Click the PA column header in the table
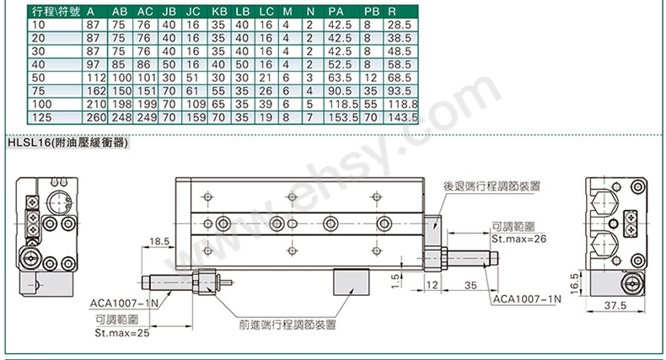click(336, 12)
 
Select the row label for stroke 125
click(41, 117)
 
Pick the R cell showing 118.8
click(403, 104)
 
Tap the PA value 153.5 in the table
click(343, 117)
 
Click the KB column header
click(219, 12)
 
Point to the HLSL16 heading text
click(67, 142)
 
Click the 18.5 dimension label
click(159, 242)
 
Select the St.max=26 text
click(519, 239)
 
